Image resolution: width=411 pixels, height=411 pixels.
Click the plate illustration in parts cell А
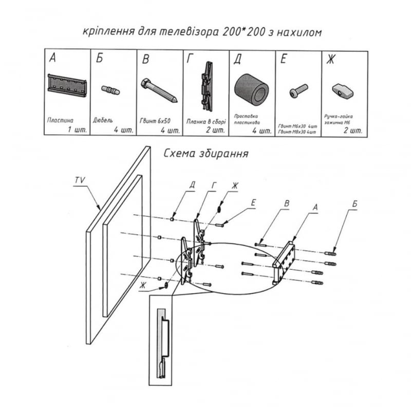pyautogui.click(x=67, y=85)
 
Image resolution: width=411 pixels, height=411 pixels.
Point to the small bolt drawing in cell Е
pyautogui.click(x=298, y=91)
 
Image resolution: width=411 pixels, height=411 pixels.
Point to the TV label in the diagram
pyautogui.click(x=79, y=180)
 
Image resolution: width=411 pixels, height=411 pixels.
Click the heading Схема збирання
pyautogui.click(x=206, y=154)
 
